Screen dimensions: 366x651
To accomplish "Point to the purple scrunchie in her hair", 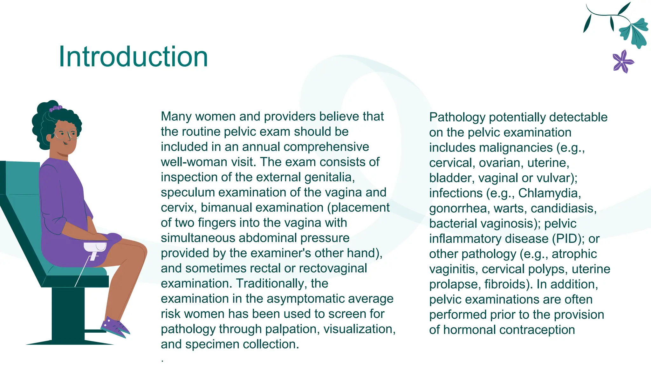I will click(x=56, y=108).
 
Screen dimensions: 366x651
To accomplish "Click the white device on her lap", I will click(x=95, y=248).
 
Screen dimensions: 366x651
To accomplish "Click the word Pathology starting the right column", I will click(x=457, y=117).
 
